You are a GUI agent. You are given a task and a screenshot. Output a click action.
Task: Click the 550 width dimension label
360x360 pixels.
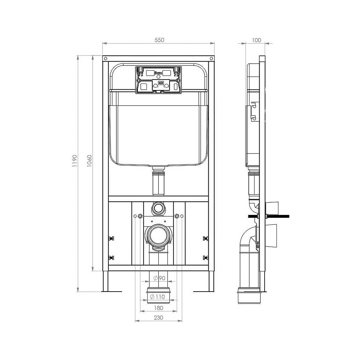point(159,40)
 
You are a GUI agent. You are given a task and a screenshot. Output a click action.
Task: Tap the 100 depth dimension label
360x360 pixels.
point(256,40)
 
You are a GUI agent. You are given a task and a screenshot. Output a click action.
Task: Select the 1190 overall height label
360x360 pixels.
point(75,161)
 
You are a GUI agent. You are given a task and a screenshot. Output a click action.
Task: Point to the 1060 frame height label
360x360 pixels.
point(89,161)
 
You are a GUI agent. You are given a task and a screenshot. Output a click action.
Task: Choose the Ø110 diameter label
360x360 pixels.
point(158,297)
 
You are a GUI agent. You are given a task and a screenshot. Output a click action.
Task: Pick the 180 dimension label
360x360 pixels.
point(158,308)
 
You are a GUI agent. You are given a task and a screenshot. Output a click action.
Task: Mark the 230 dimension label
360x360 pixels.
point(158,318)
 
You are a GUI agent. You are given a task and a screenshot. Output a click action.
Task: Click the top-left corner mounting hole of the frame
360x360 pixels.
point(105,59)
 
